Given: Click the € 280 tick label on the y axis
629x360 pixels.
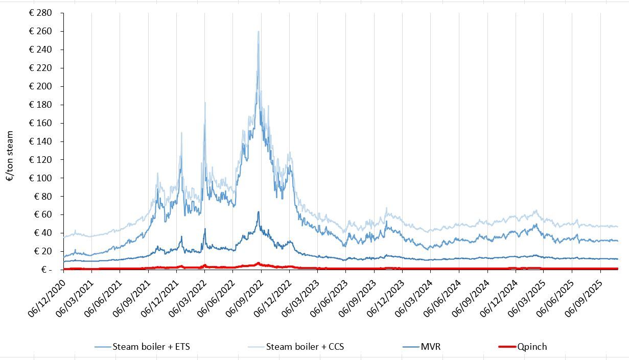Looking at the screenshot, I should (x=40, y=13).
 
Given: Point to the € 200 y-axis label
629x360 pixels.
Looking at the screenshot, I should (x=40, y=86).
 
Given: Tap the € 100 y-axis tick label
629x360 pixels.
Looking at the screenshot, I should (x=40, y=178).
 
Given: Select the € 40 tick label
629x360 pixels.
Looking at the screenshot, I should (x=42, y=233).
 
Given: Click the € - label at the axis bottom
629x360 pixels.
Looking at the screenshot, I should (x=46, y=269).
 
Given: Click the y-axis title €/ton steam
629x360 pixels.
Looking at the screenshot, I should (x=10, y=156).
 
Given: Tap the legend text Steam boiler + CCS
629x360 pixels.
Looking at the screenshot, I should (x=305, y=347).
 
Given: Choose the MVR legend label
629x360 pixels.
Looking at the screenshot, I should (x=430, y=347).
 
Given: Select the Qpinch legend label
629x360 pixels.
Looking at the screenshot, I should (x=532, y=347).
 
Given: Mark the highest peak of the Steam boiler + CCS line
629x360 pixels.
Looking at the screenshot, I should (x=259, y=32).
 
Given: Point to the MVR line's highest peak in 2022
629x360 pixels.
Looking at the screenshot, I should (x=259, y=211).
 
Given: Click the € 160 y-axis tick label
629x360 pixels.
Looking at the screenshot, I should (x=40, y=123).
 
